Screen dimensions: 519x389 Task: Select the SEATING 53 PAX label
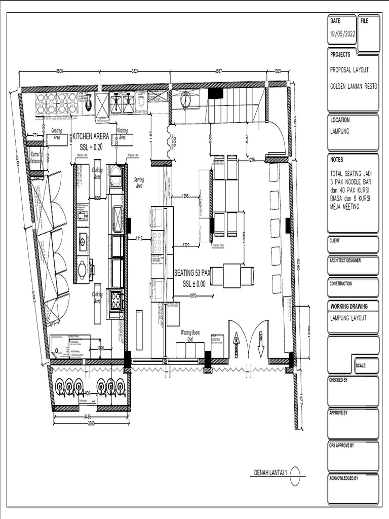(192, 273)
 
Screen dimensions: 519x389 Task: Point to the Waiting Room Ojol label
(190, 336)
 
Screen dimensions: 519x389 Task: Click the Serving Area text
(139, 182)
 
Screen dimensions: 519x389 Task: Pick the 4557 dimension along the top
(218, 71)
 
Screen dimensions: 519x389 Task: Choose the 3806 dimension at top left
(59, 71)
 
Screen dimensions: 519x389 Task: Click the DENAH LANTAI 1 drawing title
(270, 473)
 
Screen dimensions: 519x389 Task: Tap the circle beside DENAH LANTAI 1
(295, 475)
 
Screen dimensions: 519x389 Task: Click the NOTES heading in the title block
(337, 160)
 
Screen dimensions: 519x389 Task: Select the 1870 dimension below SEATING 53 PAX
(192, 295)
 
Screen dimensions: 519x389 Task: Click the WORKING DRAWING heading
(349, 307)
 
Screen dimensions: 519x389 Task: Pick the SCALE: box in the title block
(366, 365)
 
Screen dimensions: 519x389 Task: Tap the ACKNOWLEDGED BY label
(344, 478)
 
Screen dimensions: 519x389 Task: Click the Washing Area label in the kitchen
(122, 133)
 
